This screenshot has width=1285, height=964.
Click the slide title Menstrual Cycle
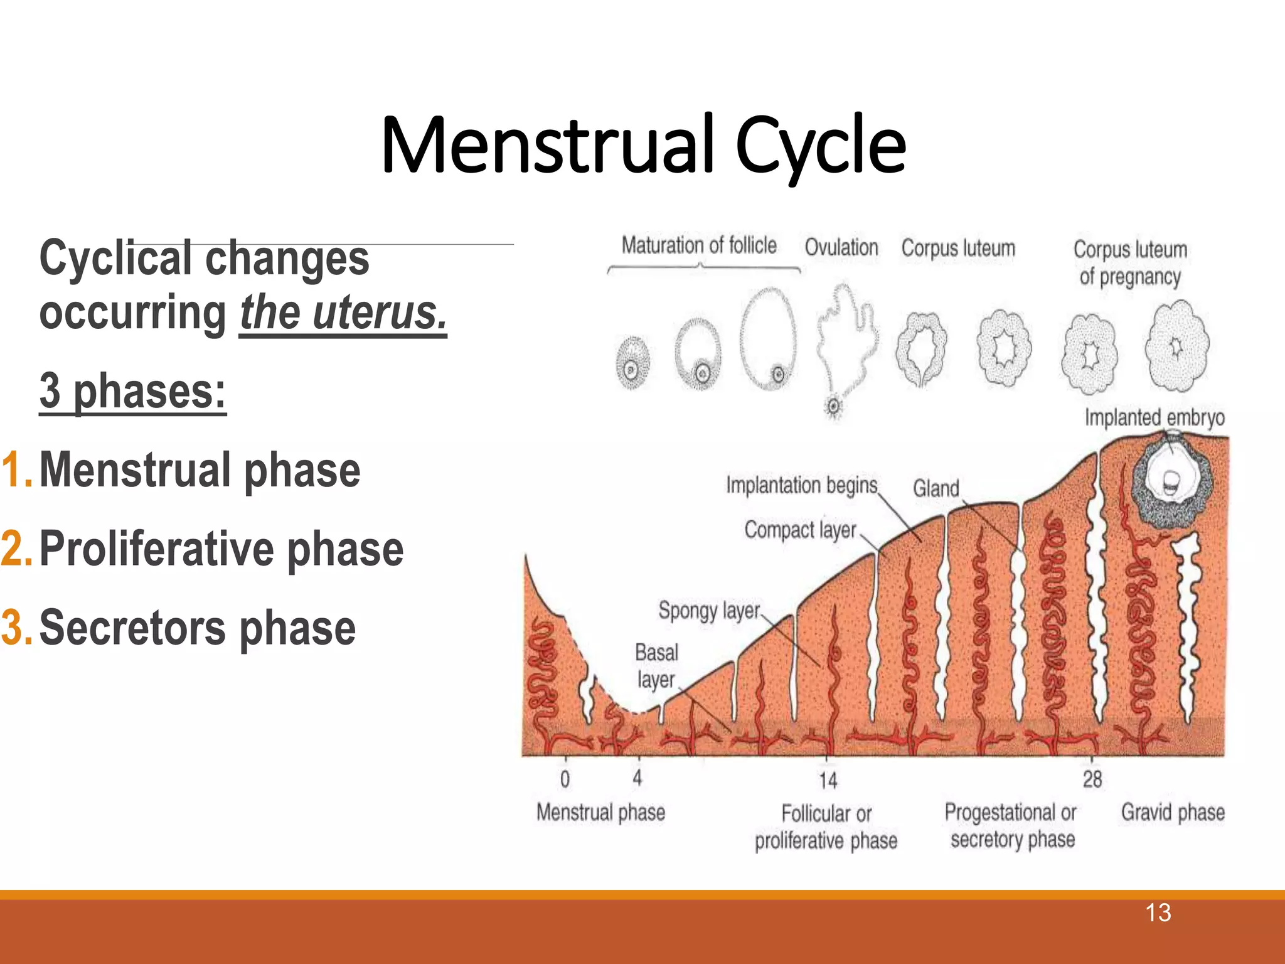coord(642,146)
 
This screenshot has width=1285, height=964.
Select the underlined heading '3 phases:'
coord(132,391)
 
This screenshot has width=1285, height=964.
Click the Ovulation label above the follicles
coord(841,247)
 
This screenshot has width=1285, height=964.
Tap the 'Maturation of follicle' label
coord(699,245)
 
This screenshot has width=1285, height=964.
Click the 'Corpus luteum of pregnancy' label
coord(1130,262)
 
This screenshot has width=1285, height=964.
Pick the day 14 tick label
coord(828,780)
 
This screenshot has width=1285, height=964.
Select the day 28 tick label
coord(1092,779)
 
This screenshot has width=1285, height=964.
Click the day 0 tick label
coord(565,779)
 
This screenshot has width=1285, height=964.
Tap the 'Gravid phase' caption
coord(1172,812)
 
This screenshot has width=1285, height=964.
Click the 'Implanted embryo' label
coord(1154,417)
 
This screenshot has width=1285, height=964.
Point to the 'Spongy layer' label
coord(708,610)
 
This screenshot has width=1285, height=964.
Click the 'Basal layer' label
coord(656,666)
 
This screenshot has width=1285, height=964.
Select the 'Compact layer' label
coord(800,530)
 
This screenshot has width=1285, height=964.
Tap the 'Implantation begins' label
coord(801,485)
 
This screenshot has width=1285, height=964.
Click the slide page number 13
coord(1158,913)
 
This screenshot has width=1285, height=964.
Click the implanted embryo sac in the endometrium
coord(1171,481)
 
